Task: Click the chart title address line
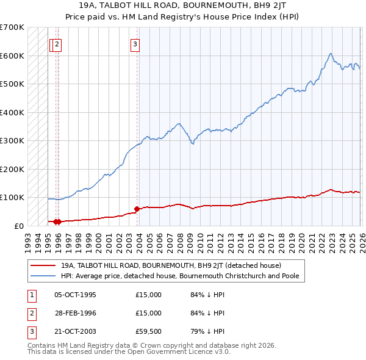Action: point(182,6)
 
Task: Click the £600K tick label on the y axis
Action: point(12,56)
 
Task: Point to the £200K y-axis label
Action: point(12,169)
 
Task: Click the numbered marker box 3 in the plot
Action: point(134,43)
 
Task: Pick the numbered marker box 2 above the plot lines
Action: point(57,43)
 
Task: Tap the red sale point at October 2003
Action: point(137,209)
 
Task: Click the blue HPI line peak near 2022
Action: point(330,54)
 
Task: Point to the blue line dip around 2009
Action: point(192,143)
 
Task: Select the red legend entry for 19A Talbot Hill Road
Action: point(171,265)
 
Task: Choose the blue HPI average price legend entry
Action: point(183,276)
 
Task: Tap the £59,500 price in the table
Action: point(149,331)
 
